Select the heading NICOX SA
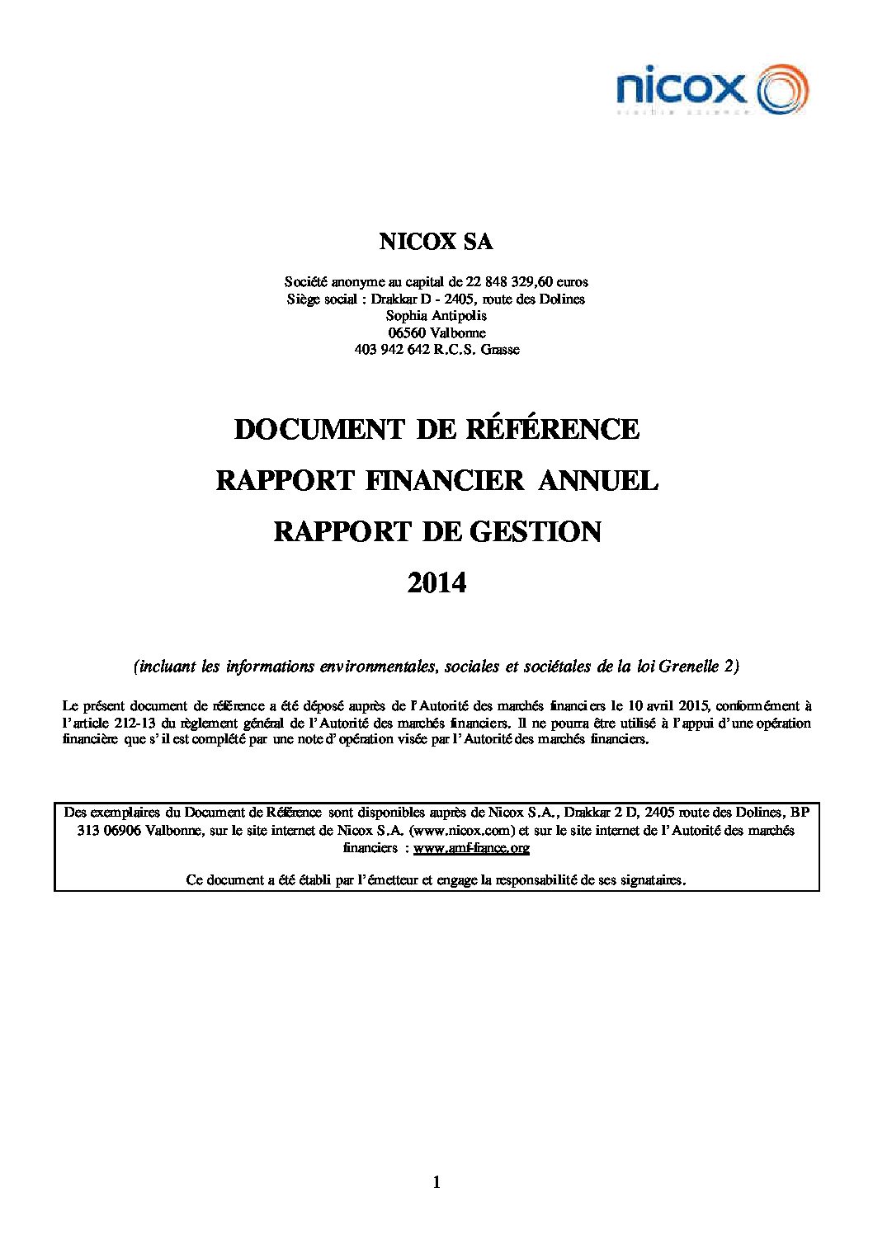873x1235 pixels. point(436,243)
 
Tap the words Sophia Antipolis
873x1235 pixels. point(436,315)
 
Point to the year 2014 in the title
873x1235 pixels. point(436,583)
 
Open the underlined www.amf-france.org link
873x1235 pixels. point(471,847)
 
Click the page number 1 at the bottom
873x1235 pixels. point(436,1184)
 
